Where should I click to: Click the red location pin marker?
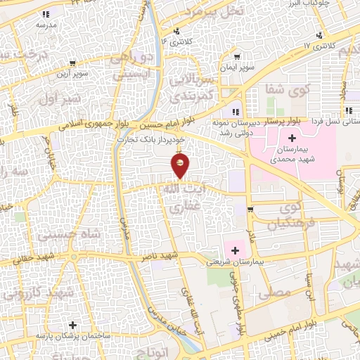(181, 166)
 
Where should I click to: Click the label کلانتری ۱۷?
(316, 45)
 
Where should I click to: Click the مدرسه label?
(46, 24)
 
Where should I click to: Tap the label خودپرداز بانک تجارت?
(151, 140)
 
